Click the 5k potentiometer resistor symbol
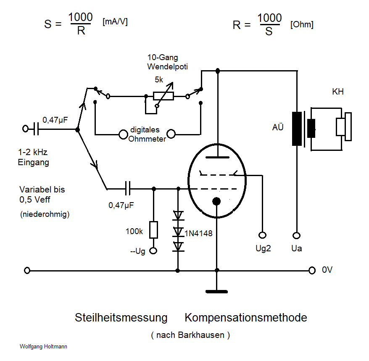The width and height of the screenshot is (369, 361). tap(163, 96)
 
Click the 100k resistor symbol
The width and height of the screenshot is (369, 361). tap(154, 230)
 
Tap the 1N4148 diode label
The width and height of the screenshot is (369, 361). tap(199, 232)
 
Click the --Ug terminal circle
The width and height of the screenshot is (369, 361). tap(154, 251)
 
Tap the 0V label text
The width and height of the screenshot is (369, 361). tap(327, 270)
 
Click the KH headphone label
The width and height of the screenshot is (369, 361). tap(337, 92)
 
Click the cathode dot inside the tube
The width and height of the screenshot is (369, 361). tap(216, 201)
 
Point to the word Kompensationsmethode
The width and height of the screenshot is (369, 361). tap(246, 317)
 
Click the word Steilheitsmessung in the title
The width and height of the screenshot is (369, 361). tap(121, 317)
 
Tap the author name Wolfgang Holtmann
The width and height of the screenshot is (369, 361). tap(43, 347)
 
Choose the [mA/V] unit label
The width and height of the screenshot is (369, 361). tap(115, 22)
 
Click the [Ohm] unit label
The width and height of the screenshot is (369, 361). tap(301, 25)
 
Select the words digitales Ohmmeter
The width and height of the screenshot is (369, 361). tap(148, 134)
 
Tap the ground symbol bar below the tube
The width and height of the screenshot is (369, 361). tap(216, 291)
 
